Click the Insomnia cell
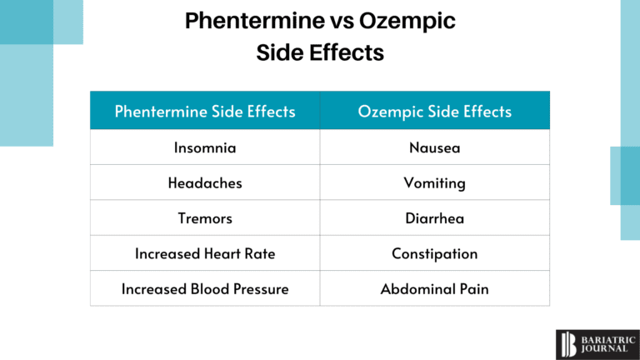[205, 147]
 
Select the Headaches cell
[205, 183]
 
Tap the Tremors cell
[205, 218]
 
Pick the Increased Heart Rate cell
[205, 253]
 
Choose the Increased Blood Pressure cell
[205, 289]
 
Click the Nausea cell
[434, 147]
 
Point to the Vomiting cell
[434, 183]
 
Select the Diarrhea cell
[434, 218]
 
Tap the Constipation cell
[434, 253]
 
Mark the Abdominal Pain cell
[434, 289]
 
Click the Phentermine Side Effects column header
[205, 111]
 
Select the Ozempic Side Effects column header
[434, 111]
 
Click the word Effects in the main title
[347, 52]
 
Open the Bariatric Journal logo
[592, 342]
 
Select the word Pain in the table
[473, 289]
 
